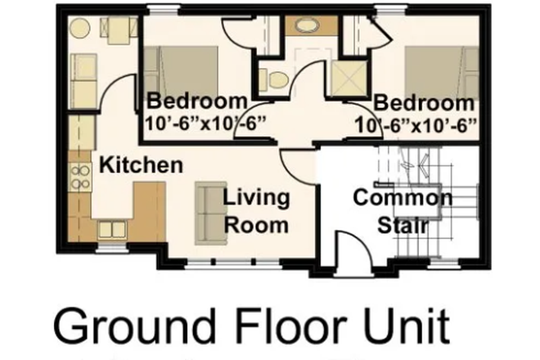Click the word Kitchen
pos(141,165)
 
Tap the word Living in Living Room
pos(257,198)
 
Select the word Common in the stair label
pos(402,198)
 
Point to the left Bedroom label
pos(196,103)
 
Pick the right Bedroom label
pos(424,104)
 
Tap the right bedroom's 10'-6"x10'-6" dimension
pos(417,124)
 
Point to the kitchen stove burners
pos(81,177)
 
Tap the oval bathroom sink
pos(308,25)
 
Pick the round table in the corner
pos(79,29)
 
